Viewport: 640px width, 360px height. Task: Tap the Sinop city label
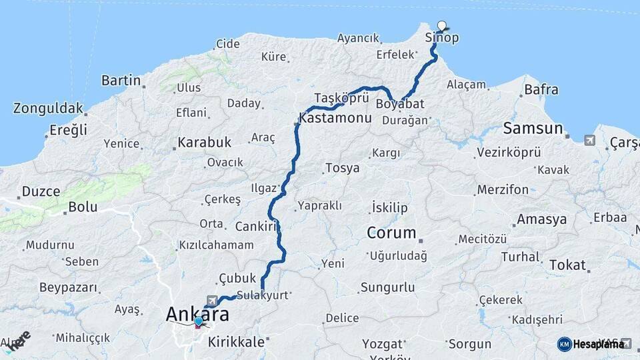tap(442, 38)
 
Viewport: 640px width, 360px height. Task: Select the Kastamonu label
tap(335, 118)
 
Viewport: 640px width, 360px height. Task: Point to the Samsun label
tap(533, 128)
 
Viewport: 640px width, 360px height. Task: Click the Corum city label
tap(391, 233)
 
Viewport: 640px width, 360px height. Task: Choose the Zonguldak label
tap(48, 108)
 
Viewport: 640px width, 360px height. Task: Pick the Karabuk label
tap(204, 142)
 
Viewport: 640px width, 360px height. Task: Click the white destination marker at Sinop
tap(441, 25)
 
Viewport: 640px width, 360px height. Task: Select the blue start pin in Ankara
tap(198, 322)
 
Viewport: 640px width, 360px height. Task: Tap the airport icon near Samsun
tap(589, 140)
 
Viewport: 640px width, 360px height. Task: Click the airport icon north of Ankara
tap(212, 301)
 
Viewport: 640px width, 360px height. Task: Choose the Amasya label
tap(542, 219)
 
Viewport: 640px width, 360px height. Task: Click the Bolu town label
tap(83, 207)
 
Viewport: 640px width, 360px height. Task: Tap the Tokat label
tap(567, 265)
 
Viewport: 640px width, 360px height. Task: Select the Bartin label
tap(121, 81)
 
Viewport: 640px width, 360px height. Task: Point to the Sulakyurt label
tap(261, 294)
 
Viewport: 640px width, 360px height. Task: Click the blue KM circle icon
tap(564, 344)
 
